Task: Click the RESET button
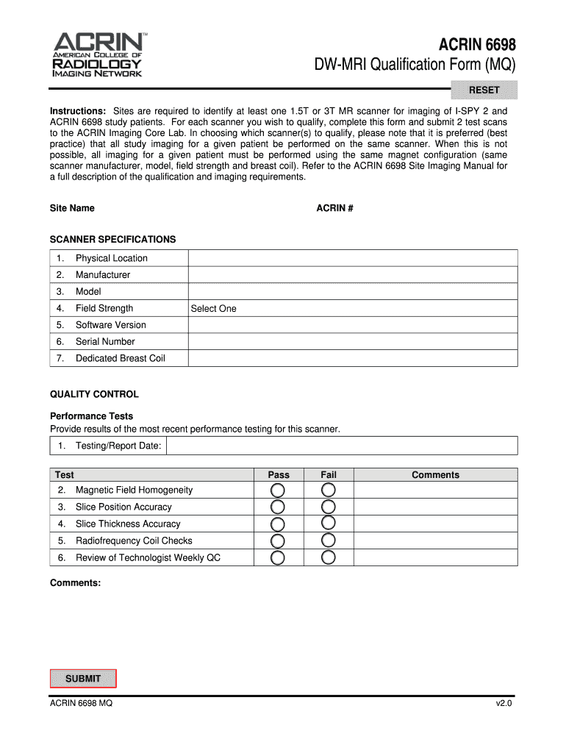click(x=484, y=90)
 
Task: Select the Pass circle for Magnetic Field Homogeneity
click(x=278, y=490)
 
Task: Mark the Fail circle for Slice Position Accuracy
click(x=329, y=507)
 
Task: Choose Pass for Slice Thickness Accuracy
click(x=278, y=524)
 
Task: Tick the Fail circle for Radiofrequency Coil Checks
click(x=329, y=540)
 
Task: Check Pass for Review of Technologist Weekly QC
click(x=278, y=557)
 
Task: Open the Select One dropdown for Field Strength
click(x=353, y=309)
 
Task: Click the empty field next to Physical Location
click(x=353, y=258)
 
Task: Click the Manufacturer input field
click(x=353, y=275)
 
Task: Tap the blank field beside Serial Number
click(x=353, y=342)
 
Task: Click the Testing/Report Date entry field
click(x=342, y=446)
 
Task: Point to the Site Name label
click(x=72, y=208)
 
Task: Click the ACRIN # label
click(x=334, y=208)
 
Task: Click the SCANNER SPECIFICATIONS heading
click(x=112, y=240)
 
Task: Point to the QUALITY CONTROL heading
click(x=94, y=394)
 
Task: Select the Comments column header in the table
click(x=435, y=475)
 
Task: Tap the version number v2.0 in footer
click(x=503, y=704)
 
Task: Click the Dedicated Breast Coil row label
click(x=120, y=359)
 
